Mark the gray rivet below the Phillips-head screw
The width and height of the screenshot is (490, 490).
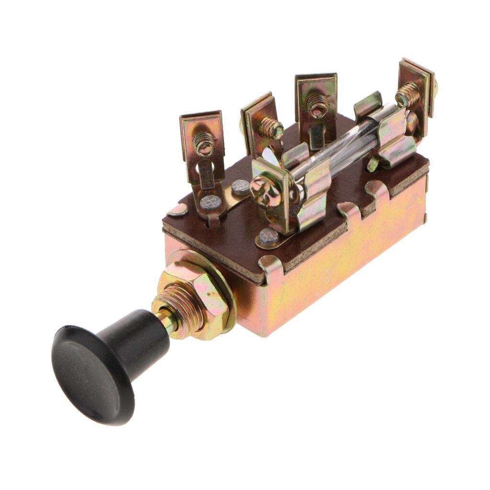(268, 236)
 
